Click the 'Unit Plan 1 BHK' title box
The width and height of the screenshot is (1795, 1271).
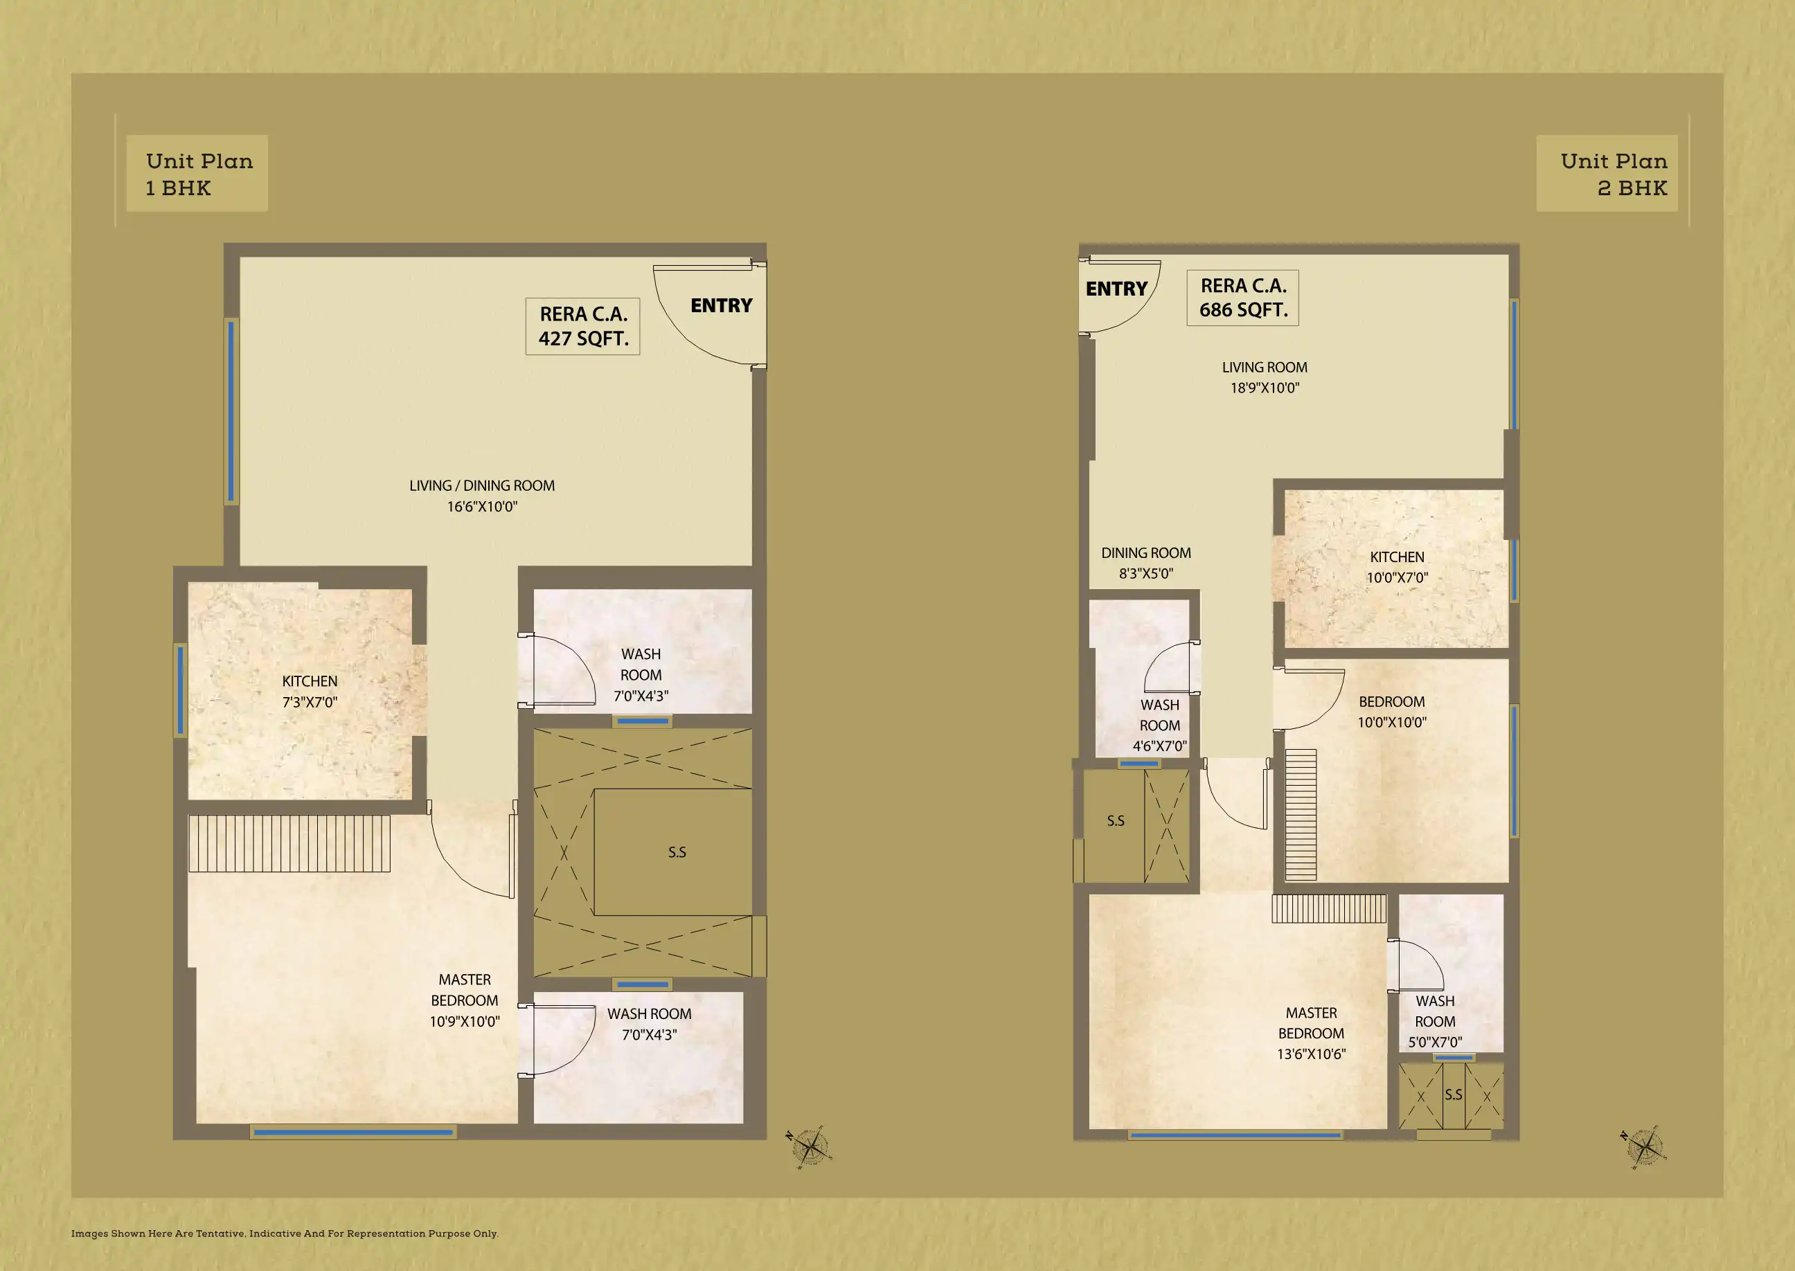197,173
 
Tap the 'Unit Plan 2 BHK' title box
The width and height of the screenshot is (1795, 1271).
1607,173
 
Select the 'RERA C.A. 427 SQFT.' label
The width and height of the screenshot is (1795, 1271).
582,326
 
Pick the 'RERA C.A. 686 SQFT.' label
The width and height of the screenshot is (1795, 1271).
1242,298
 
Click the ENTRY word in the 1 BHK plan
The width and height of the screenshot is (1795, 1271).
721,305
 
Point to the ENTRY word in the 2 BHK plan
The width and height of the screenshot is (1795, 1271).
1116,289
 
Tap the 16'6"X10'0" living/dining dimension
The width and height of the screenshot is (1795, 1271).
482,506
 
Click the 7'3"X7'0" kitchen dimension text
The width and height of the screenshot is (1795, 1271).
310,702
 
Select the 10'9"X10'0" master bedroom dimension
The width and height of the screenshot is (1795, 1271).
464,1020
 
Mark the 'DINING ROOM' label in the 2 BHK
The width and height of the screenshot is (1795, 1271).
1146,552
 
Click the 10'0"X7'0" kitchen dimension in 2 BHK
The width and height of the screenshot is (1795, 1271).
1397,577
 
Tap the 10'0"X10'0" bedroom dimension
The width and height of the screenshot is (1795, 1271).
1391,722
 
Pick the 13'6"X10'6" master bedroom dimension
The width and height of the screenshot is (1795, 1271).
1310,1054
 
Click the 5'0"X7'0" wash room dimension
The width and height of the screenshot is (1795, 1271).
1434,1042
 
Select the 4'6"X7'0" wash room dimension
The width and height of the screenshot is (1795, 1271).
1159,746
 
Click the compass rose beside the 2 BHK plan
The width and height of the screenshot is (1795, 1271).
1643,1147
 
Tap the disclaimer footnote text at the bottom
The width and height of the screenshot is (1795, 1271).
284,1234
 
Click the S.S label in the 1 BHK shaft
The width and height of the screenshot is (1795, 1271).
677,852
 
